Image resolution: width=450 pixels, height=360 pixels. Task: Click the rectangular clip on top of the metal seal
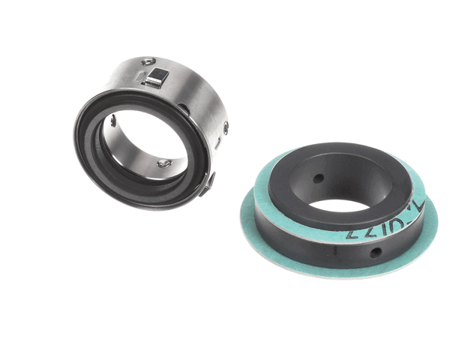point(156,75)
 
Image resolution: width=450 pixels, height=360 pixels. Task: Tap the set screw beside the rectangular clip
point(148,61)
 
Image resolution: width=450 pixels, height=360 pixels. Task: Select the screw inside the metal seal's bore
point(163,162)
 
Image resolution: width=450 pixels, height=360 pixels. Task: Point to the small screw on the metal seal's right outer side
point(225,128)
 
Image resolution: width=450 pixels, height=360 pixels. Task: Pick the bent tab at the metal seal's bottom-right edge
point(207,183)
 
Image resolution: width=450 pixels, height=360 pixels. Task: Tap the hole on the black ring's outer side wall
point(373,252)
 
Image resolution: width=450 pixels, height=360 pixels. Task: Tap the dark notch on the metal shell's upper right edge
point(184,109)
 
